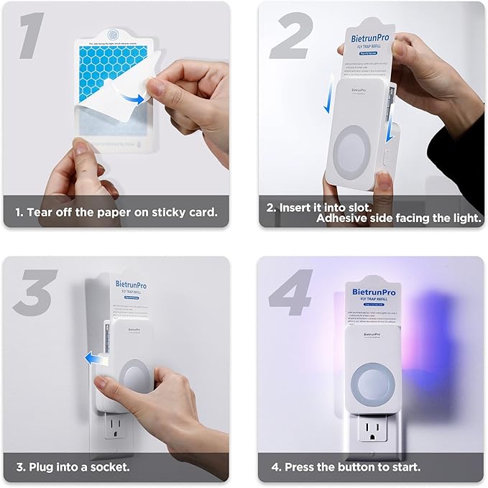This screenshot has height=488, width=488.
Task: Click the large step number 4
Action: coord(291,291)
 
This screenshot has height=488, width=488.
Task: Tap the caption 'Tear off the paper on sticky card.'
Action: coord(117,212)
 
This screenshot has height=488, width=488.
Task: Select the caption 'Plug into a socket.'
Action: coord(80,467)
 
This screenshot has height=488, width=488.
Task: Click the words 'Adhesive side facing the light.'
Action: coord(400,218)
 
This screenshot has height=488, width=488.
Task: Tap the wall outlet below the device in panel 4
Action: coord(369,436)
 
